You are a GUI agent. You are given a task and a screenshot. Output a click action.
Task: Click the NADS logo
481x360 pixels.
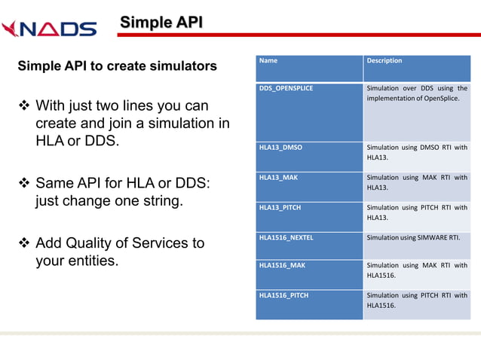coord(49,29)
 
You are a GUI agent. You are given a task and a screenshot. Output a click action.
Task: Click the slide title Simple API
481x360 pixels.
coord(161,22)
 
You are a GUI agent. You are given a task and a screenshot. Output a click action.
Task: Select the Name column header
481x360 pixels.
coord(268,61)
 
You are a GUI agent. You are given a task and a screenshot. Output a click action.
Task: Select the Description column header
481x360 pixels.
coord(384,61)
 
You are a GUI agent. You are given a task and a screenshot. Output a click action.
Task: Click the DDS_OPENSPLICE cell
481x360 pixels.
coord(286,88)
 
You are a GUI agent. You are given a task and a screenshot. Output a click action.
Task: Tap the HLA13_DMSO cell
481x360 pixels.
coord(280,148)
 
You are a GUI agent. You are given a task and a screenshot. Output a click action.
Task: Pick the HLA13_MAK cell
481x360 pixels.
coord(277,178)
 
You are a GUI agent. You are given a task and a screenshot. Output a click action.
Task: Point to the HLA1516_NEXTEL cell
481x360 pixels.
coord(286,237)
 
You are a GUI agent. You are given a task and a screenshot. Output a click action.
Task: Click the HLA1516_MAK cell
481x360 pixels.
coord(282,265)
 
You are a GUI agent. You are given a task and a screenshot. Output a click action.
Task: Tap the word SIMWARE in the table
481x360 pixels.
coord(436,237)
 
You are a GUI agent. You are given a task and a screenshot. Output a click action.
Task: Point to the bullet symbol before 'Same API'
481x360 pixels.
coord(23,184)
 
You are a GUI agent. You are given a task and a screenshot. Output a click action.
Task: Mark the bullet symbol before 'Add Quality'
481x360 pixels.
coord(23,243)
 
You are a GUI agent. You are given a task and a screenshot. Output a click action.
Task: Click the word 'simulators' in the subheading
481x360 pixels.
coord(181,66)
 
